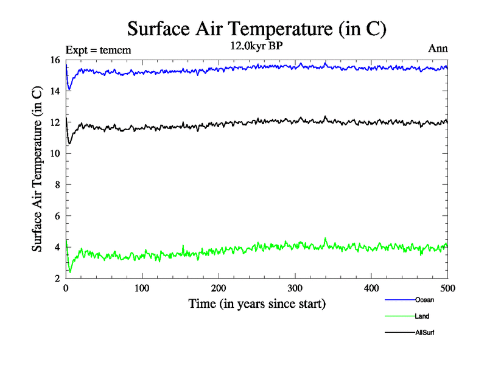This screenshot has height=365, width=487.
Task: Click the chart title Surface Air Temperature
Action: pos(256,29)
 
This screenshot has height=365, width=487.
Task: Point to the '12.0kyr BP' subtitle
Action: pos(256,47)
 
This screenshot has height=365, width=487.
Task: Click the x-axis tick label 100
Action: pos(142,288)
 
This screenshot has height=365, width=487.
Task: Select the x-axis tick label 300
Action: pos(295,288)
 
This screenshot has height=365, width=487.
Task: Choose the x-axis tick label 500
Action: pos(447,288)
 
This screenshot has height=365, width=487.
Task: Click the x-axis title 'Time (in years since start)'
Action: pos(256,304)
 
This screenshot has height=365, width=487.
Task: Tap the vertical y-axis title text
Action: pos(38,169)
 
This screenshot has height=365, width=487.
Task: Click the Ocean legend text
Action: pos(424,300)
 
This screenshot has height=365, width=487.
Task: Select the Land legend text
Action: pos(422,316)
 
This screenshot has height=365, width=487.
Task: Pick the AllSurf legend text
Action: pos(425,333)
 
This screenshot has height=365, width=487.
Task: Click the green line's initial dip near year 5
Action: pos(69,271)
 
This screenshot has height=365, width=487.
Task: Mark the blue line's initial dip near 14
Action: pos(69,90)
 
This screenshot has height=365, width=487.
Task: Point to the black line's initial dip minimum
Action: pos(69,144)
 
